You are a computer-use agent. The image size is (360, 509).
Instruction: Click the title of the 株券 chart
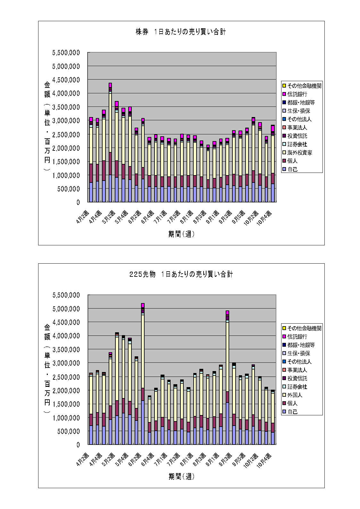coord(181,32)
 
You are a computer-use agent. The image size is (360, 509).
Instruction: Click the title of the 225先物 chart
coord(181,274)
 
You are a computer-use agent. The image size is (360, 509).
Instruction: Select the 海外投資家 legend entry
coord(299,153)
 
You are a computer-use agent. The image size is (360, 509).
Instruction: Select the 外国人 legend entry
coord(295,395)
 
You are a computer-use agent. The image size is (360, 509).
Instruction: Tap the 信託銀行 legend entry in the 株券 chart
coord(297,94)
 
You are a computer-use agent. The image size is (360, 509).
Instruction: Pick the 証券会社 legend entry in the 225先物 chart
coord(297,387)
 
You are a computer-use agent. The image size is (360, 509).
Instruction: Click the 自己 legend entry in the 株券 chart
coord(292,169)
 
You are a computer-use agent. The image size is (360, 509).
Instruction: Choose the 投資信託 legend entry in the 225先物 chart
coord(297,378)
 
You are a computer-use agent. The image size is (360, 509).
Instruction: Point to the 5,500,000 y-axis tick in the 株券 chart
coord(66,53)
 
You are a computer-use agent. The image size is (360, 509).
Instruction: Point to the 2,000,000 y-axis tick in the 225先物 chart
coord(66,391)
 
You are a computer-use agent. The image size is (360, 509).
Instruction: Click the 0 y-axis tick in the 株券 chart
coord(78,202)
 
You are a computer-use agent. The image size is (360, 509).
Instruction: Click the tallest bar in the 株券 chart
coord(110,143)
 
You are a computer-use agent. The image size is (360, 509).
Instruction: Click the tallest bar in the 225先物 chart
coord(143,374)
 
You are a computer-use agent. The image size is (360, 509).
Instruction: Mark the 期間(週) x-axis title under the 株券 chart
coord(181,234)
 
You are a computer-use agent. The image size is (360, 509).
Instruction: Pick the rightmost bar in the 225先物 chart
coord(273,417)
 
